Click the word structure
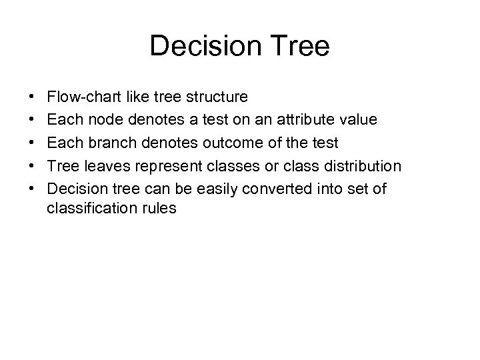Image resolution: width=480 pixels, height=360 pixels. (219, 97)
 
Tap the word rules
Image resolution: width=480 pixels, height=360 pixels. (159, 208)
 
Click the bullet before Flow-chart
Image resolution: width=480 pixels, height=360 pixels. (33, 98)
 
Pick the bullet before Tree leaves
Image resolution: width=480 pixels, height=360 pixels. (33, 165)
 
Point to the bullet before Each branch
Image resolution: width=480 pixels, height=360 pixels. (33, 143)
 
